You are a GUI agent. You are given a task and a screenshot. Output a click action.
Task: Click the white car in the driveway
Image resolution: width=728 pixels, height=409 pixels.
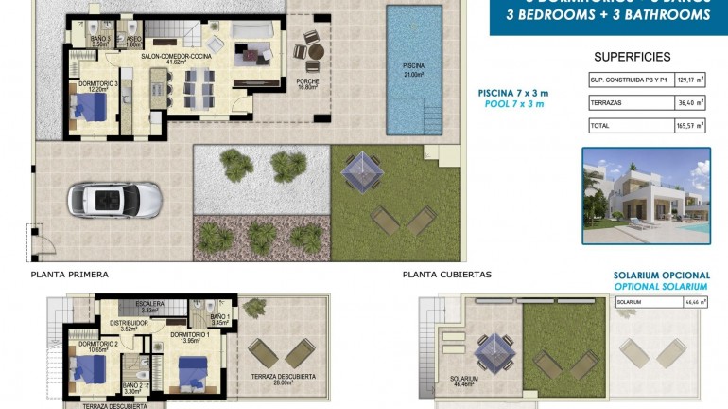[x=103, y=200]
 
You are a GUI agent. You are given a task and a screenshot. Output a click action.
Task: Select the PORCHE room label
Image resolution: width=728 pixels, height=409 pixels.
[x=307, y=84]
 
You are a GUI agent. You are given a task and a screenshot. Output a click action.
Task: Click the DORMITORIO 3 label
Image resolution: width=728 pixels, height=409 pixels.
[x=98, y=87]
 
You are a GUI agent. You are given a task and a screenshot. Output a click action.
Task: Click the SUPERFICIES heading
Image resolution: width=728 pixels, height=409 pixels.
[x=632, y=57]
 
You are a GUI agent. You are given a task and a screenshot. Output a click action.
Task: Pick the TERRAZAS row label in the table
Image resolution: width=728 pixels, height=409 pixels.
[x=607, y=102]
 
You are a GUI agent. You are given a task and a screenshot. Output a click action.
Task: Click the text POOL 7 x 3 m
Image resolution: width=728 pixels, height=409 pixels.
[x=512, y=104]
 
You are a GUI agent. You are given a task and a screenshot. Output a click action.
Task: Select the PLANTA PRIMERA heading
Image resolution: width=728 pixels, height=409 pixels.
[x=69, y=275]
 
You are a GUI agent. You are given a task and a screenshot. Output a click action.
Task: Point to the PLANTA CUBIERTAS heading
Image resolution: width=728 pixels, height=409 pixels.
[x=446, y=275]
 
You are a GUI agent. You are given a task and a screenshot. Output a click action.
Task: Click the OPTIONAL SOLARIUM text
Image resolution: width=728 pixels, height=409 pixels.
[x=660, y=286]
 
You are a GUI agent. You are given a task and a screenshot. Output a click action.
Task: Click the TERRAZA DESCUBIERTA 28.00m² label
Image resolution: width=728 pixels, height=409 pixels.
[x=283, y=379]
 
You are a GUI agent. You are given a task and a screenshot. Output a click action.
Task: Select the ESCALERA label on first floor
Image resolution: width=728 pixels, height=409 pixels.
[x=149, y=306]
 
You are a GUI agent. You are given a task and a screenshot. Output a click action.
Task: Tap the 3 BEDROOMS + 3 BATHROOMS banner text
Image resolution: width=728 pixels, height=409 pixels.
[x=609, y=14]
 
